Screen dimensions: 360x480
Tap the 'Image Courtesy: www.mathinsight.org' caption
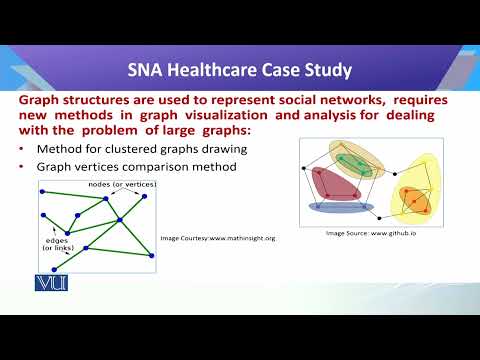click(217, 239)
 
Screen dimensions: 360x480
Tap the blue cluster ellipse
click(341, 208)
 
